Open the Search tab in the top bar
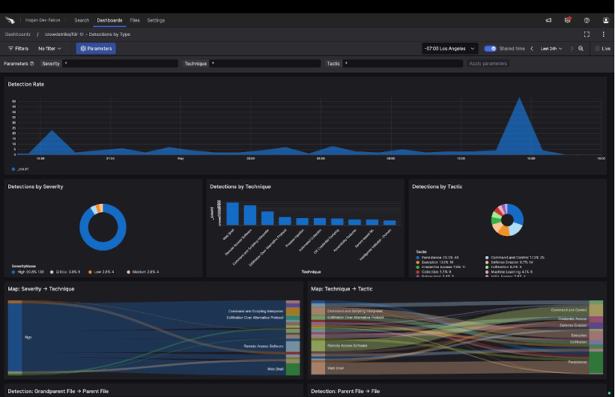tap(82, 20)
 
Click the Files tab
tap(135, 20)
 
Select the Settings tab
tap(156, 20)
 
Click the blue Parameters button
tap(96, 49)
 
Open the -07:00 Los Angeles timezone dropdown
tap(450, 49)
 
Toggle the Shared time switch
tap(490, 49)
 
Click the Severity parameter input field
tap(119, 63)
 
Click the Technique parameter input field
tap(264, 63)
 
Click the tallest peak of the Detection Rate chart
tap(521, 99)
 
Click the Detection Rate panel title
tap(26, 84)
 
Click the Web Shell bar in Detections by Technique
tap(232, 214)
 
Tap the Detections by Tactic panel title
tap(436, 186)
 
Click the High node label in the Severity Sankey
tap(28, 338)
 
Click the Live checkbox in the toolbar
tap(597, 49)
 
